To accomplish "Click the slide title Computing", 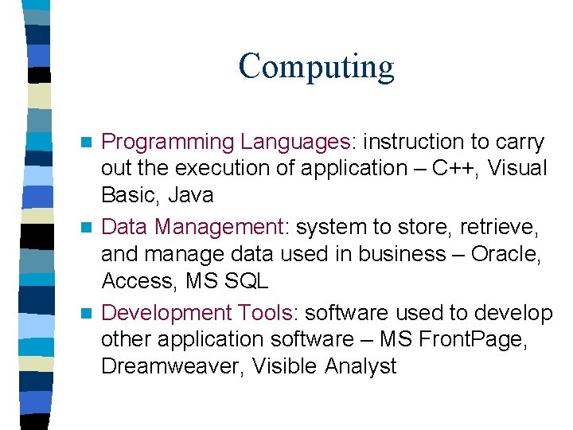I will tap(316, 66).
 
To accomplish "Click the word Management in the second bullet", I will tap(220, 229).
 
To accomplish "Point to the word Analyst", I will tap(361, 366).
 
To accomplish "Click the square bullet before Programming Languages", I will tap(90, 143).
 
